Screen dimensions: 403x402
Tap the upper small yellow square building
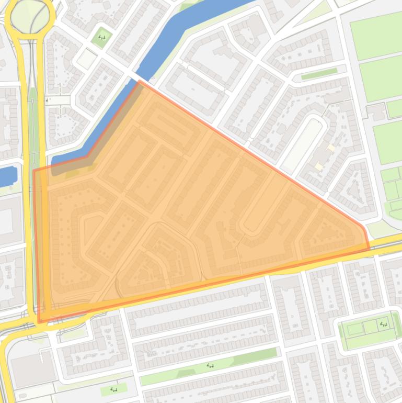pyautogui.click(x=330, y=148)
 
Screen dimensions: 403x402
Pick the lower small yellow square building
pyautogui.click(x=319, y=166)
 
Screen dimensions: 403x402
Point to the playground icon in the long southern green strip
pyautogui.click(x=211, y=365)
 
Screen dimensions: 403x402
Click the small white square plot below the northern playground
pyautogui.click(x=87, y=59)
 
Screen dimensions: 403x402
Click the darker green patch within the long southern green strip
pyautogui.click(x=186, y=373)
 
